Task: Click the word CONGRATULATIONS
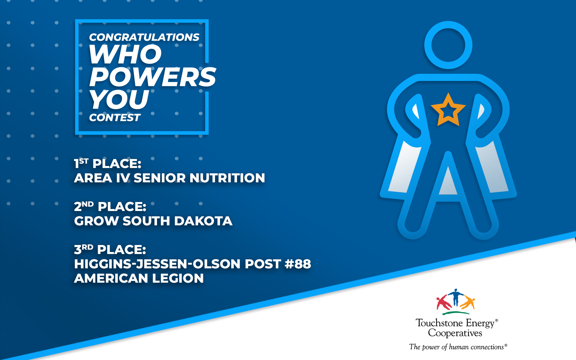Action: [x=144, y=37]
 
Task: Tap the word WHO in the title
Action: [x=125, y=54]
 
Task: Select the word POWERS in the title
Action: [x=153, y=77]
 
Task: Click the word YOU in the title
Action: [x=119, y=99]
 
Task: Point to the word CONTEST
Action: [x=115, y=117]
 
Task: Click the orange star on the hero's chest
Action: [x=448, y=110]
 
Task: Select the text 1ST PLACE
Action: [x=108, y=163]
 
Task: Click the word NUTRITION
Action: [x=227, y=178]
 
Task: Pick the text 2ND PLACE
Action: [x=110, y=206]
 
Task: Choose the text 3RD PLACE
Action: [x=110, y=249]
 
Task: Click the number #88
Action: [x=298, y=264]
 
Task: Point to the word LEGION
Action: [x=178, y=278]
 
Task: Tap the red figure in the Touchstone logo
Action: [x=444, y=302]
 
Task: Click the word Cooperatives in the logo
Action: [x=455, y=333]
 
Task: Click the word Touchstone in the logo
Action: [x=439, y=323]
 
